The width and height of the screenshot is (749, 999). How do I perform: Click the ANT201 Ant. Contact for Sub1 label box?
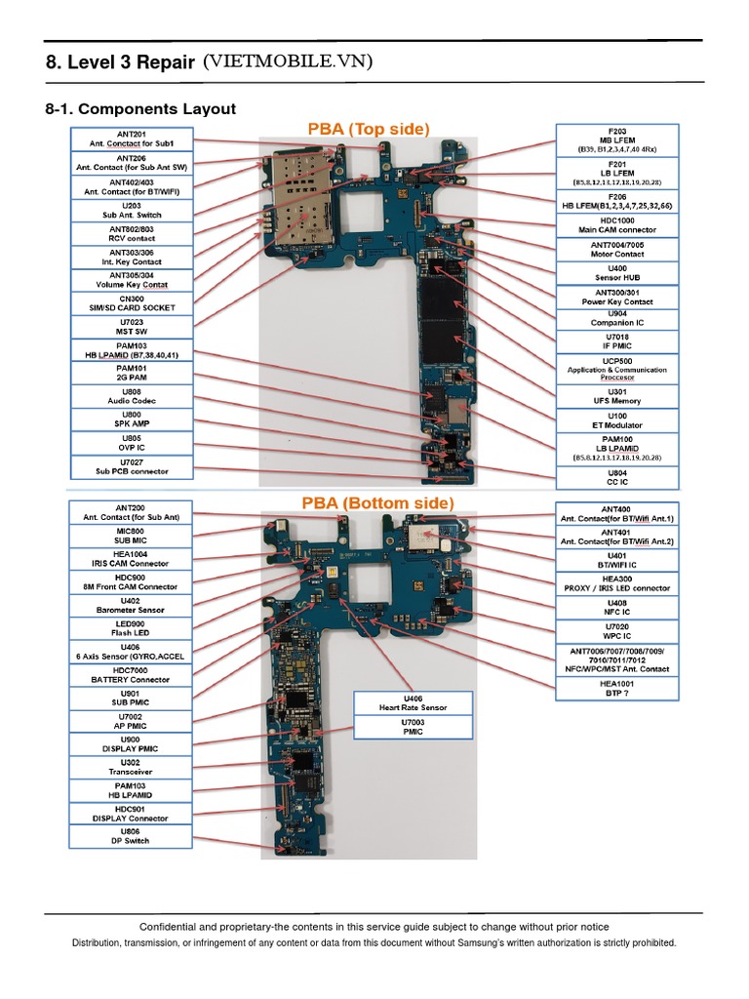pyautogui.click(x=132, y=139)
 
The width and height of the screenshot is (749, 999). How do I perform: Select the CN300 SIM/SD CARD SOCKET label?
pyautogui.click(x=132, y=302)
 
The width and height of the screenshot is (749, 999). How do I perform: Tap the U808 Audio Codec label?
pyautogui.click(x=132, y=396)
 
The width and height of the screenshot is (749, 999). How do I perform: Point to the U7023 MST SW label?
pyautogui.click(x=132, y=326)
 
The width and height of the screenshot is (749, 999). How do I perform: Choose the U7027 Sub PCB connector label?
pyautogui.click(x=132, y=466)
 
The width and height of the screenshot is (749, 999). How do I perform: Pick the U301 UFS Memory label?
pyautogui.click(x=617, y=397)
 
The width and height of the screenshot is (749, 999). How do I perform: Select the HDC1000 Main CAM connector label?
pyautogui.click(x=617, y=225)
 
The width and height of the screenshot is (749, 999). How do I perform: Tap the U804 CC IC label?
pyautogui.click(x=617, y=477)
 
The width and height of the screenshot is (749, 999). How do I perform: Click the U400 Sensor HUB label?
pyautogui.click(x=617, y=272)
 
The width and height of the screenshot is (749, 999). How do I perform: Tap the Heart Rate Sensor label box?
pyautogui.click(x=414, y=702)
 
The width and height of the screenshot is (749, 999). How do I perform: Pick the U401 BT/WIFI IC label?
pyautogui.click(x=616, y=560)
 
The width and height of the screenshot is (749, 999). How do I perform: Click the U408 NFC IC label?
pyautogui.click(x=616, y=607)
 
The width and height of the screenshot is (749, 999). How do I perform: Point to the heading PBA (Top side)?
pyautogui.click(x=369, y=128)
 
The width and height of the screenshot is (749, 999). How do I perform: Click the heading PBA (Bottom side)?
pyautogui.click(x=376, y=502)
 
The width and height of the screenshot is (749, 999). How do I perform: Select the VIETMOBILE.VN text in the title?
pyautogui.click(x=288, y=63)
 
